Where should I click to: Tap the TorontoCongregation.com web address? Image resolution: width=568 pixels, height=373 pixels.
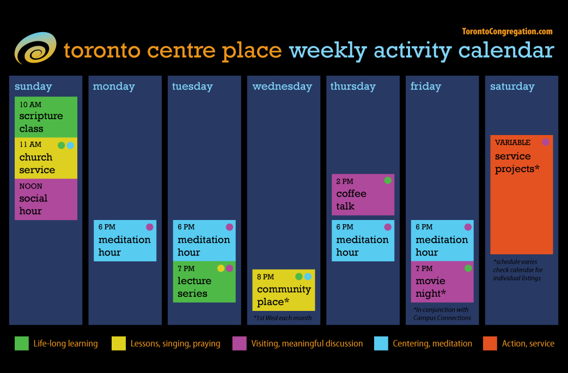tap(507, 32)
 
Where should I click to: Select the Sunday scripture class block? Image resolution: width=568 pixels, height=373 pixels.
tap(46, 117)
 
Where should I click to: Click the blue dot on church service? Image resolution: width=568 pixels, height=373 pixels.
tap(70, 145)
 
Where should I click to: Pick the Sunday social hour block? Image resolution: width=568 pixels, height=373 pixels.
tap(46, 199)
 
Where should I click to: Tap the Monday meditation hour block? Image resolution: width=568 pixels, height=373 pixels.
tap(125, 241)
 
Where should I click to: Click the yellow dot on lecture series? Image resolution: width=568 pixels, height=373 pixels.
tap(221, 268)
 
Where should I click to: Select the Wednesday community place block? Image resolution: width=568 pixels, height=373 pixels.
tap(283, 290)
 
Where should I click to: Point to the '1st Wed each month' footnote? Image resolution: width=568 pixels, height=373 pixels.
tap(283, 318)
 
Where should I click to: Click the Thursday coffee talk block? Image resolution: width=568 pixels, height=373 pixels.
tap(363, 195)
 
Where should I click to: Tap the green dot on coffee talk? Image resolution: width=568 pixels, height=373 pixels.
tap(388, 180)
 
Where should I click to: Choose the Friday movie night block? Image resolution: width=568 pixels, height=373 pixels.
tap(442, 282)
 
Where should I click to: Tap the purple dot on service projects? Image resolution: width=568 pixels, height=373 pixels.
tap(546, 142)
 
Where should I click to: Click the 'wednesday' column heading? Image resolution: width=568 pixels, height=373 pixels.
tap(282, 87)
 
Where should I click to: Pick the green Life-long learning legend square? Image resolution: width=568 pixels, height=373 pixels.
tap(22, 344)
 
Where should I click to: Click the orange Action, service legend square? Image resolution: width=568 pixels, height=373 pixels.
tap(490, 344)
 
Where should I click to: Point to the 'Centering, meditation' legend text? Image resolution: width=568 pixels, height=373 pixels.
tap(432, 344)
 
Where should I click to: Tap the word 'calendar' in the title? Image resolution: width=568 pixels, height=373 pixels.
tap(506, 51)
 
